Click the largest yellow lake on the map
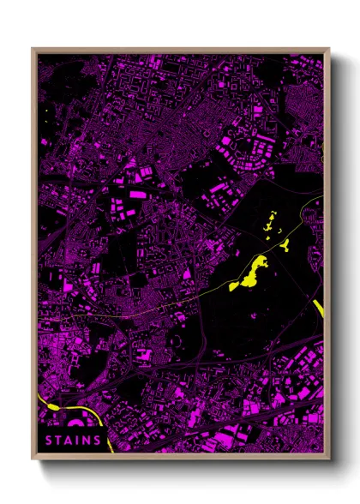250,273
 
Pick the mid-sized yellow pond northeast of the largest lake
282,244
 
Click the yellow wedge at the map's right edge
320,308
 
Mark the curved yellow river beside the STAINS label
104,425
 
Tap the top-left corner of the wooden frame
33,49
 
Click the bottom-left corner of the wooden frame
33,456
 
